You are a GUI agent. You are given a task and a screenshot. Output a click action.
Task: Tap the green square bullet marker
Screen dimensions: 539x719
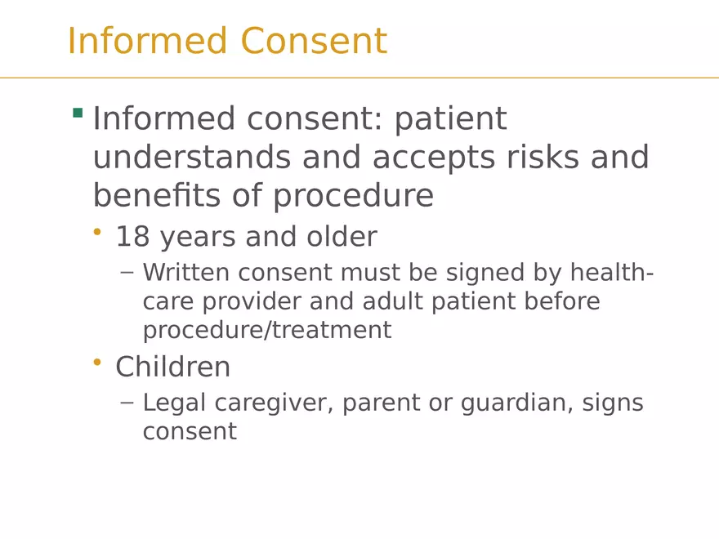(78, 113)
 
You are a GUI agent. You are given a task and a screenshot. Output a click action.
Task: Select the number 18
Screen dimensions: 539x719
(132, 237)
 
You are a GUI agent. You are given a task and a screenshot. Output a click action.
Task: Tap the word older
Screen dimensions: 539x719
(342, 237)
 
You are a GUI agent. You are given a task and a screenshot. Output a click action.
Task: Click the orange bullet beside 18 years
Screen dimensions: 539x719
(97, 234)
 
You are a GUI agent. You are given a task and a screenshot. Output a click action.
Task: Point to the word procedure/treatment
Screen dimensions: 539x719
(266, 331)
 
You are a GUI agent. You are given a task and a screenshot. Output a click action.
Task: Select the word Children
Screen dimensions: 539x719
(172, 367)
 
